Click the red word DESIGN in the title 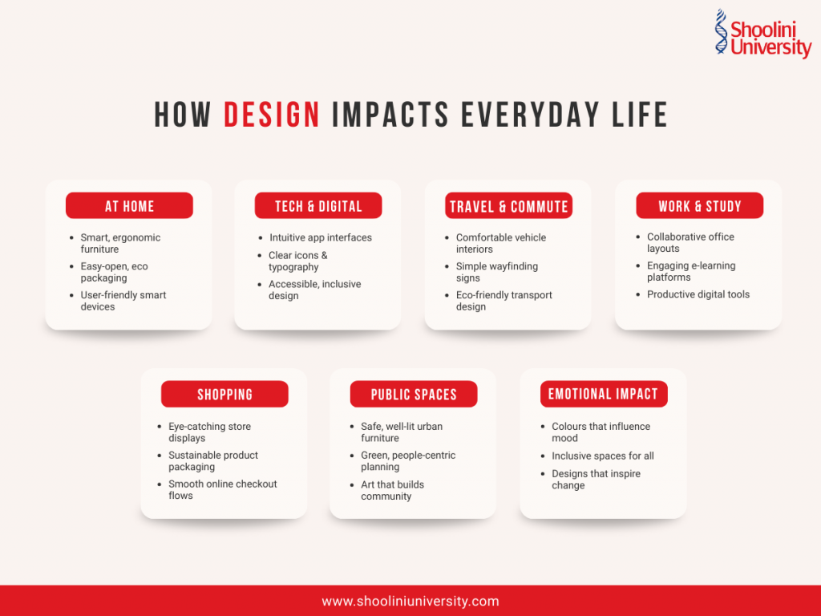coord(272,115)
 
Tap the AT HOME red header coord(129,206)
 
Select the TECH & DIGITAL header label coord(318,206)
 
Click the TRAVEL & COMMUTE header coord(508,206)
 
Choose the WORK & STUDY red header coord(699,206)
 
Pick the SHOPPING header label coord(224,395)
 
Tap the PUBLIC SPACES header coord(414,395)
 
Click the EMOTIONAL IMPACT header coord(603,394)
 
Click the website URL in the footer coord(410,601)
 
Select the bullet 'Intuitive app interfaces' coord(320,237)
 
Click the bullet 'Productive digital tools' coord(698,294)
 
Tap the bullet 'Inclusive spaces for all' coord(602,456)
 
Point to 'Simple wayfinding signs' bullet coord(496,272)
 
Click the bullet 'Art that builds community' coord(392,490)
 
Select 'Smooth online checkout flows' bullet coord(222,489)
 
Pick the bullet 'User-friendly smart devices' coord(123,301)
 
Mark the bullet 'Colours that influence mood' coord(601,432)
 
